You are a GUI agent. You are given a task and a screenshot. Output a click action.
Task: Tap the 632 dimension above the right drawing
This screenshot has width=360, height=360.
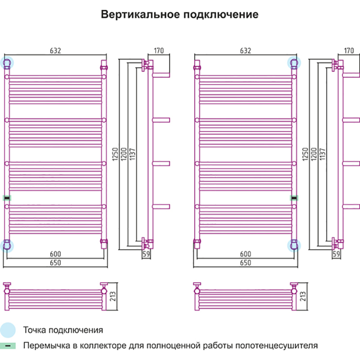click(x=246, y=51)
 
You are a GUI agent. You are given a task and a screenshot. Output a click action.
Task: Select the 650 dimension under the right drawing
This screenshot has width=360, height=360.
click(x=246, y=263)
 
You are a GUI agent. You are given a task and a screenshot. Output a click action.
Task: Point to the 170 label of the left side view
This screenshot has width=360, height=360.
click(x=158, y=51)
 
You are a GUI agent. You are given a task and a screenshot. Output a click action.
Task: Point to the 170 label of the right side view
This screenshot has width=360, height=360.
click(x=349, y=51)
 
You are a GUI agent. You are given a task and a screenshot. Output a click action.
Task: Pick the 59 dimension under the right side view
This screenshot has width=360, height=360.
click(x=337, y=254)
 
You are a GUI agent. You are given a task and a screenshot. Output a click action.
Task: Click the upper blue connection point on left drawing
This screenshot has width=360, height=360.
click(x=8, y=62)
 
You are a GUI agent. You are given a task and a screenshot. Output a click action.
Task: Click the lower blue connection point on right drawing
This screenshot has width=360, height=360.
click(x=294, y=244)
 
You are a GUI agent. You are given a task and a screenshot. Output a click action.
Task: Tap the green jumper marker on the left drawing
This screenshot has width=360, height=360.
click(x=7, y=198)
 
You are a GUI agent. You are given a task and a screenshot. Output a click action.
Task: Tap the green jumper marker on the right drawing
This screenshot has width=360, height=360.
click(x=294, y=198)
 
